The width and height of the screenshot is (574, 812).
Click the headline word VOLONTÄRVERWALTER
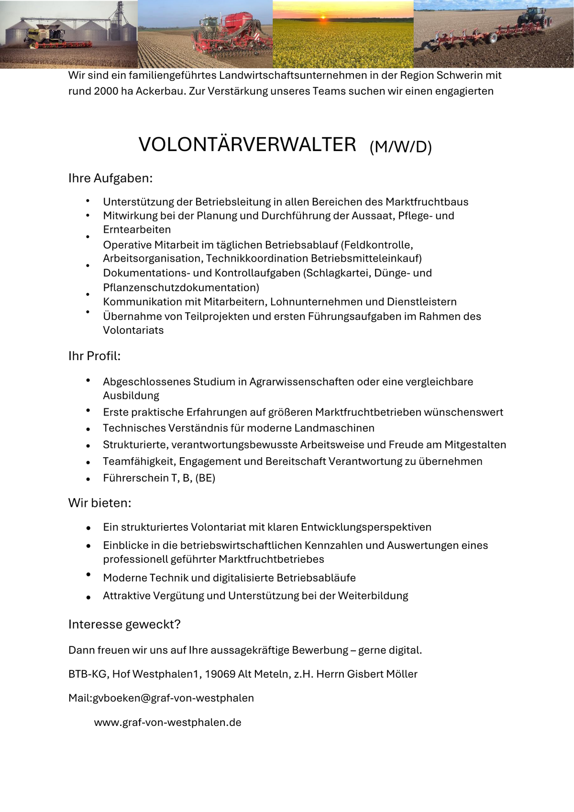click(x=247, y=144)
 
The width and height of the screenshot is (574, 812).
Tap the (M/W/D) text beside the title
click(x=400, y=147)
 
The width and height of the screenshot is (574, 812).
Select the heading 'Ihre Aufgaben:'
click(x=110, y=178)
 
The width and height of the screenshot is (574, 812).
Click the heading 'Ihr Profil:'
click(x=94, y=356)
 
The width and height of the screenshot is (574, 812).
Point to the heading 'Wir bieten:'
click(x=99, y=503)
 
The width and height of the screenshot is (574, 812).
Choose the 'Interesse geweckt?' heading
click(x=124, y=625)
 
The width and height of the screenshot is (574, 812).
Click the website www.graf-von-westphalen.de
click(x=167, y=723)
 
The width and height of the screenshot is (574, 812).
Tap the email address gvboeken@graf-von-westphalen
click(x=173, y=698)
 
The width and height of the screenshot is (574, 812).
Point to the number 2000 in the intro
click(x=106, y=91)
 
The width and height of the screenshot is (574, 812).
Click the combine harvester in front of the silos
click(x=46, y=36)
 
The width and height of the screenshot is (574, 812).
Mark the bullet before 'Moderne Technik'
click(x=88, y=574)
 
